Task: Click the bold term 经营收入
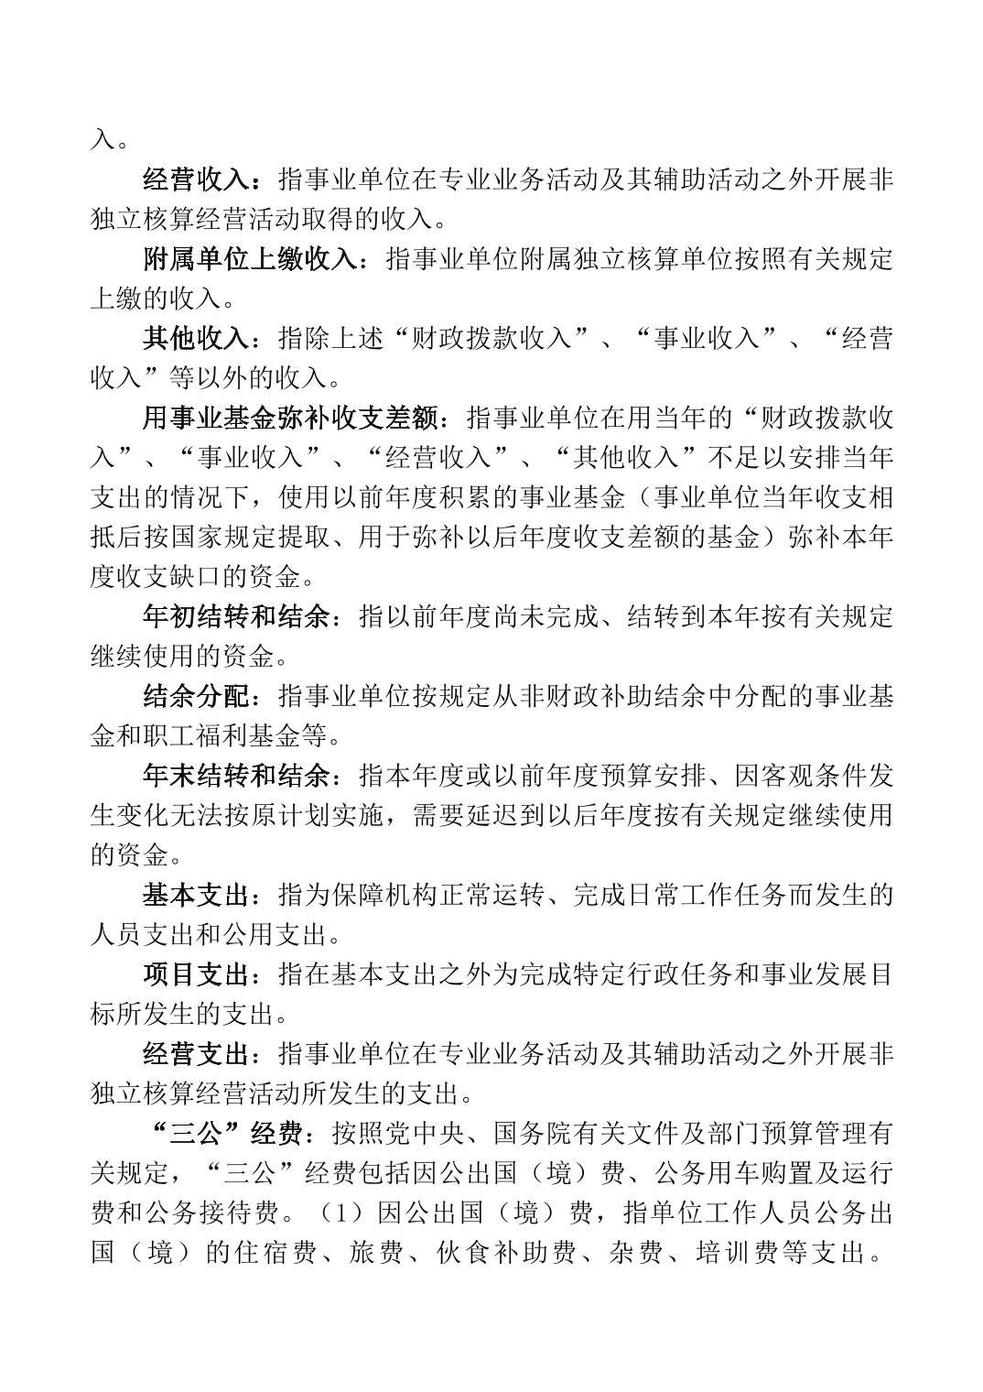(195, 179)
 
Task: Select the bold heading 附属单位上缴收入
(248, 259)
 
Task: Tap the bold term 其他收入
(195, 339)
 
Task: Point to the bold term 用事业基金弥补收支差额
(288, 419)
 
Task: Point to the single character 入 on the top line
(102, 141)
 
